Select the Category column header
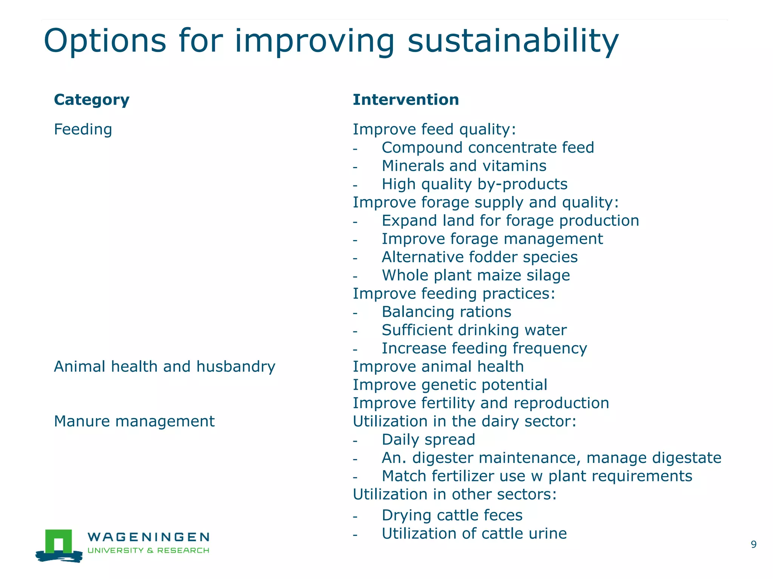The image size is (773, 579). coord(92,100)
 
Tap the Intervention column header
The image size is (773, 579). coord(406,100)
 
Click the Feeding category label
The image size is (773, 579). coord(83,129)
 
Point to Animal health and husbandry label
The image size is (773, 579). coord(165,366)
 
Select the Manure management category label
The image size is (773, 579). coord(134,421)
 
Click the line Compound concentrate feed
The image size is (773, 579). coord(488,147)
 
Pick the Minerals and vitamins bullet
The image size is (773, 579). coord(464,166)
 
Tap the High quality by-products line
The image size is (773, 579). coord(474,184)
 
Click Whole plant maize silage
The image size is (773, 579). coord(476,275)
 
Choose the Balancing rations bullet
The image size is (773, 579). coord(446,312)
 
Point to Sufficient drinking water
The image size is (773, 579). coord(474,330)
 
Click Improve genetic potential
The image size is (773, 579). coord(450,385)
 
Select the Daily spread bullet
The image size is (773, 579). coord(428,440)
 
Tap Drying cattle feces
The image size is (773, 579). coord(452,515)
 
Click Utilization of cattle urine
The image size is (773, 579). coord(474,534)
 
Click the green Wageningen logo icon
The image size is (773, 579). coord(59,545)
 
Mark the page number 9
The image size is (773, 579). coord(753,544)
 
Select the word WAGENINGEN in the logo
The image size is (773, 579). coord(148,537)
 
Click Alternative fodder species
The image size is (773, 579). coord(479,257)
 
